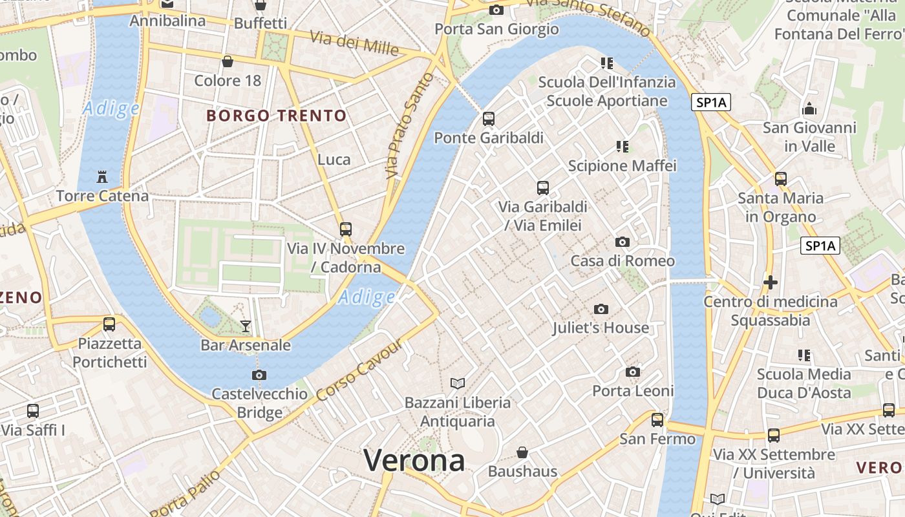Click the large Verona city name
click(x=414, y=460)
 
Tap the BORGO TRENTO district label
click(x=277, y=116)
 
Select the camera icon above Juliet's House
click(x=601, y=309)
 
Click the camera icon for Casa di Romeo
click(x=623, y=242)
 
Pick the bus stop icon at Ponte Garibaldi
click(x=489, y=119)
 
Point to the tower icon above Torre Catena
click(x=101, y=176)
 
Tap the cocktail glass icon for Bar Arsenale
click(x=246, y=326)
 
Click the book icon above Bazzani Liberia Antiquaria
click(x=458, y=383)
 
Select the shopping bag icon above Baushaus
click(x=522, y=452)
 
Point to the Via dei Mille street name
click(x=354, y=43)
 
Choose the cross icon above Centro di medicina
click(x=770, y=282)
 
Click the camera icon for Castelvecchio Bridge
click(x=259, y=375)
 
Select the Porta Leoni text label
click(x=633, y=391)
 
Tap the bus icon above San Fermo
click(x=657, y=420)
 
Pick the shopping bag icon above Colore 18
click(x=228, y=61)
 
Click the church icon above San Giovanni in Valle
click(x=809, y=109)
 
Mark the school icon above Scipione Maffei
click(x=623, y=147)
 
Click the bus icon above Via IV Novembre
click(x=346, y=229)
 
